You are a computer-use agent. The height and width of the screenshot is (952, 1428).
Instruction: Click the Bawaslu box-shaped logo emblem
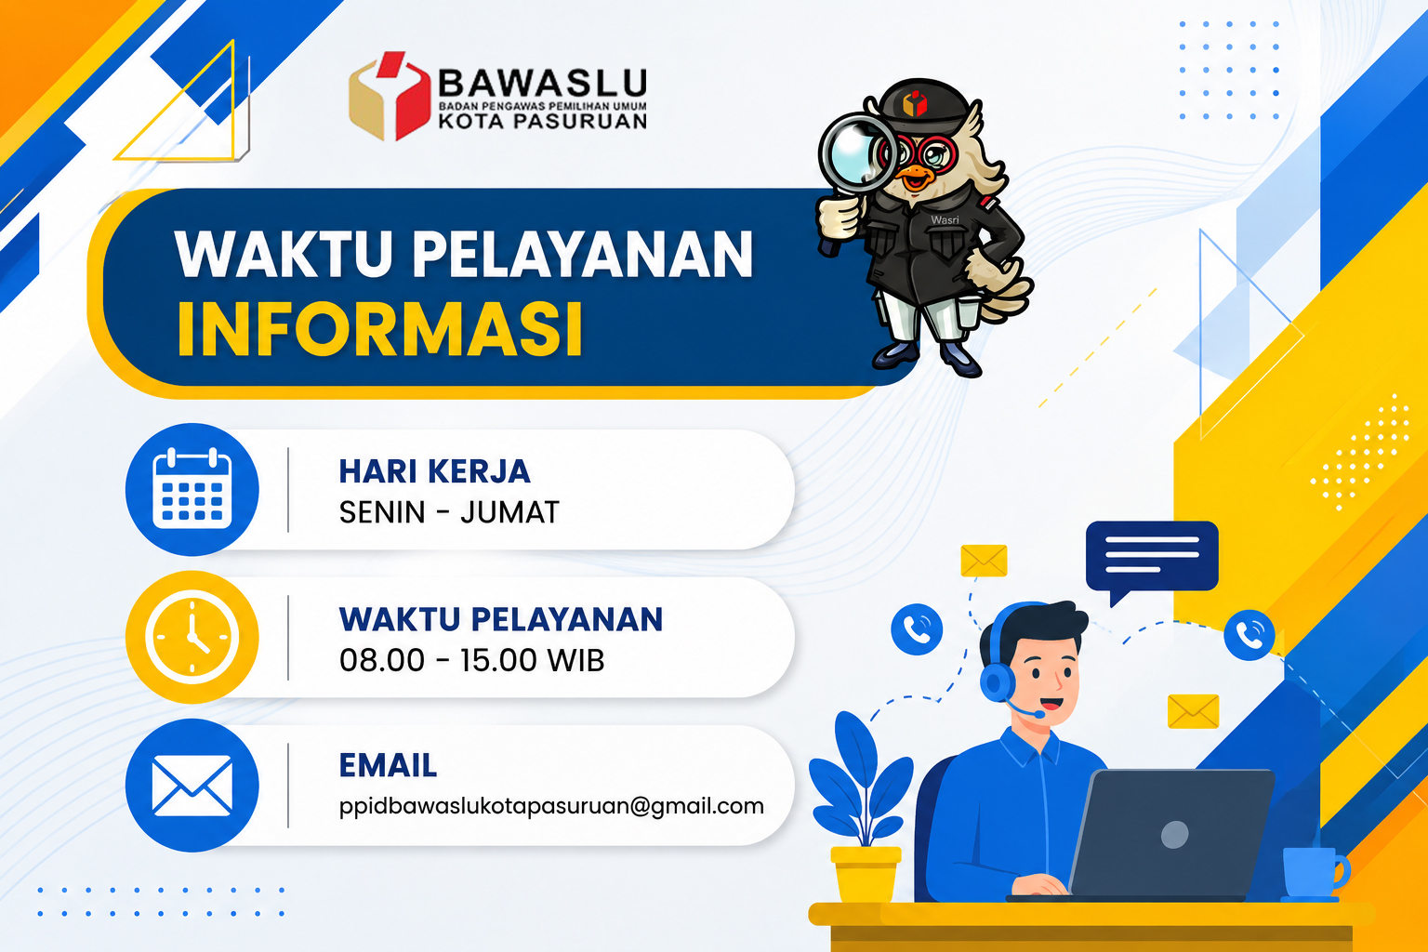390,96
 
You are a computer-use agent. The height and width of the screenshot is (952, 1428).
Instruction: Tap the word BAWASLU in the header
543,83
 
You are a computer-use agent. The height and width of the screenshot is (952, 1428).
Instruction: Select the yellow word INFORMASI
380,329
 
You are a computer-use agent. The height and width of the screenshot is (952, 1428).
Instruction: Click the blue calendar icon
192,489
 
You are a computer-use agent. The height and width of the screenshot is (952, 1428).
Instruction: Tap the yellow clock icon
192,637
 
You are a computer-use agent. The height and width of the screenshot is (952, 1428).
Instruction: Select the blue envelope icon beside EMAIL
192,786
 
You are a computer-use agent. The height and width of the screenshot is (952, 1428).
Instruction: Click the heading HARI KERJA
434,471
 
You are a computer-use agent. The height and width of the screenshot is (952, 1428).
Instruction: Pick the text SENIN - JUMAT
449,512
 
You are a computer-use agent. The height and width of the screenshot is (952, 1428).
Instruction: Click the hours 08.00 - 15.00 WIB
471,660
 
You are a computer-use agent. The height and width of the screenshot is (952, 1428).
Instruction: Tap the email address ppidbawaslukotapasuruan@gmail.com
551,806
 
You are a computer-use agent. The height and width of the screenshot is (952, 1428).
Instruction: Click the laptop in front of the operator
1161,834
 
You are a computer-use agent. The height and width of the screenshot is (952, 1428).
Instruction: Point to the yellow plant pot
866,874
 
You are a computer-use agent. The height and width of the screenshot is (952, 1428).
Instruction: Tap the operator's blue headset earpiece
997,682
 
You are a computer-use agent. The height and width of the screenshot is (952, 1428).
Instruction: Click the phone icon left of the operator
917,629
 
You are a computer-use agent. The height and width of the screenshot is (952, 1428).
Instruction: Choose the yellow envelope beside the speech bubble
984,561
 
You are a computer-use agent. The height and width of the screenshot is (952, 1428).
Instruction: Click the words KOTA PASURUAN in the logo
543,121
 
